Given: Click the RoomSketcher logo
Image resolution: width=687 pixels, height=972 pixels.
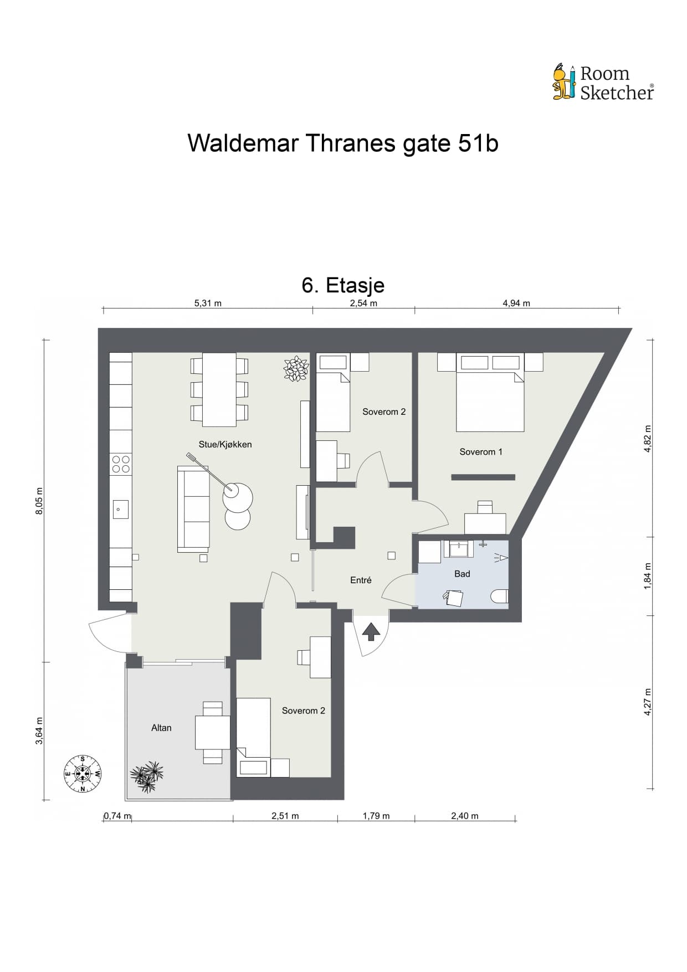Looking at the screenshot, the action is (x=603, y=82).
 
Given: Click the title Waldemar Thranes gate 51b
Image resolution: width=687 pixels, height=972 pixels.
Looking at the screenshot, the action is (x=343, y=143).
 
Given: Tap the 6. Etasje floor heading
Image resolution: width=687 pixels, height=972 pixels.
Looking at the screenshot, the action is (x=343, y=285).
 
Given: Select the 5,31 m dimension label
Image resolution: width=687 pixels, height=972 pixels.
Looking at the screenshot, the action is (x=208, y=303).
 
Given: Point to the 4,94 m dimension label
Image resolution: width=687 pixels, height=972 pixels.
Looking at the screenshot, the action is (x=516, y=303).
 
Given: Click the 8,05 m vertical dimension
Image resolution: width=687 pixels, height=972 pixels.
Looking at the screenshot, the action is (x=39, y=501).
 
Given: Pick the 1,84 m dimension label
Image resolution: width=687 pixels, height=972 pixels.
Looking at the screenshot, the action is (x=647, y=576).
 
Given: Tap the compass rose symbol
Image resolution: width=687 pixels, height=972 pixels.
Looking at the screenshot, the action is (x=83, y=773).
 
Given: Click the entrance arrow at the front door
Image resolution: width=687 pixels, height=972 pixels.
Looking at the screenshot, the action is (x=371, y=631).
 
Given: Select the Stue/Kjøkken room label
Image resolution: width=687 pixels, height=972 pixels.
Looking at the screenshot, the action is (x=225, y=444).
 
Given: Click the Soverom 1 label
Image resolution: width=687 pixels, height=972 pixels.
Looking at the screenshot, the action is (x=481, y=452).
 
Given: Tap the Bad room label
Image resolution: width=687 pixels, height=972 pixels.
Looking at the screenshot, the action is (x=462, y=574).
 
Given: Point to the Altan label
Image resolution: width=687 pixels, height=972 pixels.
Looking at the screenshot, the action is (x=161, y=728).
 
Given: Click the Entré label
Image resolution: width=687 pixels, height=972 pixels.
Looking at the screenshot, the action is (x=361, y=580).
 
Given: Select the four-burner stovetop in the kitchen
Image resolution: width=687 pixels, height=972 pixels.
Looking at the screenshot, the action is (x=121, y=464).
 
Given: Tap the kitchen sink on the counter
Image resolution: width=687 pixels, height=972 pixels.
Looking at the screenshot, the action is (x=121, y=509).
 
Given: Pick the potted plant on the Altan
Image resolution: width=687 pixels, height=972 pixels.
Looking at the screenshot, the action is (x=147, y=776).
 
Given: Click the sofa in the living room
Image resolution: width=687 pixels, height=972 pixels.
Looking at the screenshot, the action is (x=193, y=509).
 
